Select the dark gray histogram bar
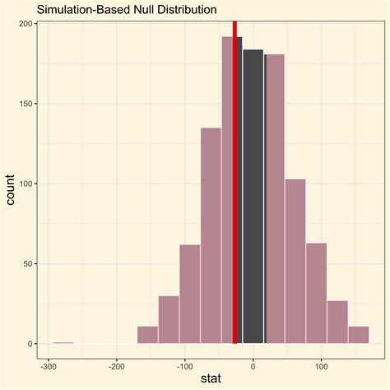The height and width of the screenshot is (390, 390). [x=253, y=197]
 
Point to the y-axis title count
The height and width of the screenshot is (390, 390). [x=12, y=191]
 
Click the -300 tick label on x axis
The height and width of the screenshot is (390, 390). [x=49, y=366]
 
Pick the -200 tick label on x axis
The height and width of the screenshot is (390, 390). [x=117, y=366]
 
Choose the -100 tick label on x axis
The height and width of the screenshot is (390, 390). [x=184, y=366]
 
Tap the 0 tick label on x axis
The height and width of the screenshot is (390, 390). [x=253, y=366]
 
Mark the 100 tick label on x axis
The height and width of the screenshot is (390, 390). [x=321, y=366]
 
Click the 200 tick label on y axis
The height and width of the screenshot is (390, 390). [x=26, y=24]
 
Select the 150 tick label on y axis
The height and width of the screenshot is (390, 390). [x=26, y=104]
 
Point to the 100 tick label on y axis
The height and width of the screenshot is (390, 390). [x=26, y=183]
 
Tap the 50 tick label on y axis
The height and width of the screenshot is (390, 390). [x=28, y=263]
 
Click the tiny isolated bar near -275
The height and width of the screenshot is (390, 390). [x=63, y=342]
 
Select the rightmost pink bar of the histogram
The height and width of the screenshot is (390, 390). [x=359, y=335]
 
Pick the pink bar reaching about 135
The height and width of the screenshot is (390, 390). [x=211, y=239]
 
